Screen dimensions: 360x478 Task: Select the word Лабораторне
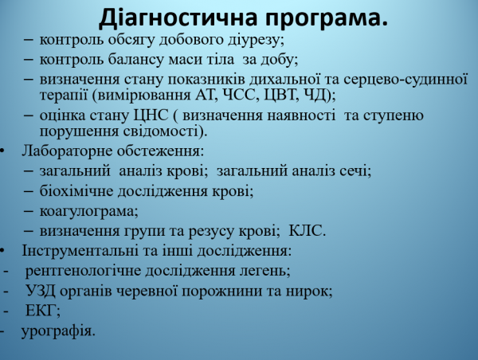64,151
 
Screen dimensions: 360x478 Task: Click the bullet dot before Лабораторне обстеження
6,151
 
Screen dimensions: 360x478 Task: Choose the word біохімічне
74,191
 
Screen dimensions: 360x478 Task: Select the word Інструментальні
76,252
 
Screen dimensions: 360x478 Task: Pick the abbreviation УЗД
41,291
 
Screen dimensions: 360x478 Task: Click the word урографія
59,331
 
